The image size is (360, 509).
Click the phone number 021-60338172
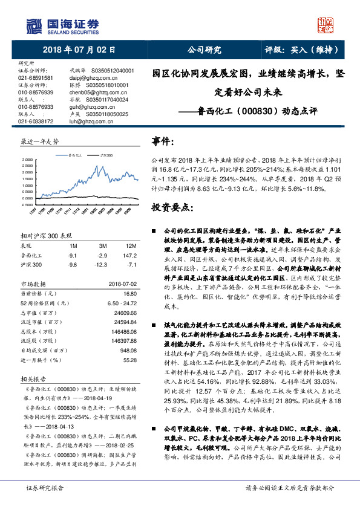[36, 121]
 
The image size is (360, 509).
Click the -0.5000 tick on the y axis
[28, 205]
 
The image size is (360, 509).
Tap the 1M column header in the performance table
[73, 246]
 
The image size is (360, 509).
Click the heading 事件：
[163, 141]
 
